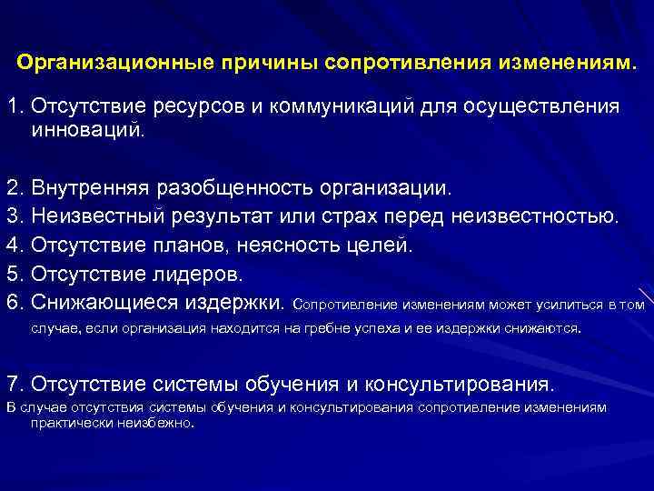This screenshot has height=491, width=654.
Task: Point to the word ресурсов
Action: (194, 107)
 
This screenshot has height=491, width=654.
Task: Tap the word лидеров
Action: (199, 274)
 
